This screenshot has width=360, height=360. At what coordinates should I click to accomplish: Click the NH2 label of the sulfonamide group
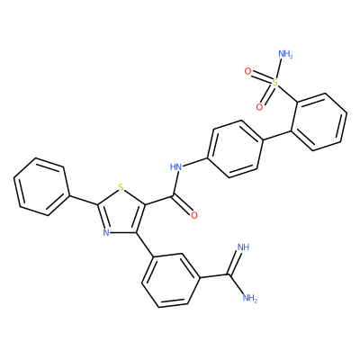[x=285, y=54]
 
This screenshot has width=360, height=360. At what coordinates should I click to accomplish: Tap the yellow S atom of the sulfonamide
[x=274, y=82]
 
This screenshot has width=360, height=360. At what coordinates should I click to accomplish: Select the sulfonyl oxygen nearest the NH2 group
[x=247, y=71]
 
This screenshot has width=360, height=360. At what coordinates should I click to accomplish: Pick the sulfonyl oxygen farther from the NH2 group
[x=260, y=106]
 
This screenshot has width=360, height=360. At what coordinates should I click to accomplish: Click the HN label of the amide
[x=176, y=166]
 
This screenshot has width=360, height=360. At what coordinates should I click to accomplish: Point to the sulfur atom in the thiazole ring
[x=121, y=188]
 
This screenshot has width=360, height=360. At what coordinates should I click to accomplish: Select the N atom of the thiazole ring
[x=105, y=232]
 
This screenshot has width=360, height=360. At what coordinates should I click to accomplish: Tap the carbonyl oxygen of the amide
[x=194, y=215]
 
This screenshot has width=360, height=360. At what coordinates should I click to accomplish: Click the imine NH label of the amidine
[x=243, y=247]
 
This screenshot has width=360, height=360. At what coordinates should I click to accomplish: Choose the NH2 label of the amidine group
[x=249, y=298]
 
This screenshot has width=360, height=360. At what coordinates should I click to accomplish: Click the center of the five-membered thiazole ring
[x=122, y=211]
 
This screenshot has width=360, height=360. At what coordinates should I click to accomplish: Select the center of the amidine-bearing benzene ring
[x=171, y=280]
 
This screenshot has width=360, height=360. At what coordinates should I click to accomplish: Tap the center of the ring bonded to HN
[x=235, y=149]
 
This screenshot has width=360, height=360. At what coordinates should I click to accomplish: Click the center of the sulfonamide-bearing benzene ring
[x=319, y=122]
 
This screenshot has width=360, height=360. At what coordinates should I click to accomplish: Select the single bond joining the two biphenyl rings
[x=277, y=135]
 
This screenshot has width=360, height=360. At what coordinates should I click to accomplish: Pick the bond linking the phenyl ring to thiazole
[x=84, y=201]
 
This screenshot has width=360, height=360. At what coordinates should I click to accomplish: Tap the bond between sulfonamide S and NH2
[x=278, y=68]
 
